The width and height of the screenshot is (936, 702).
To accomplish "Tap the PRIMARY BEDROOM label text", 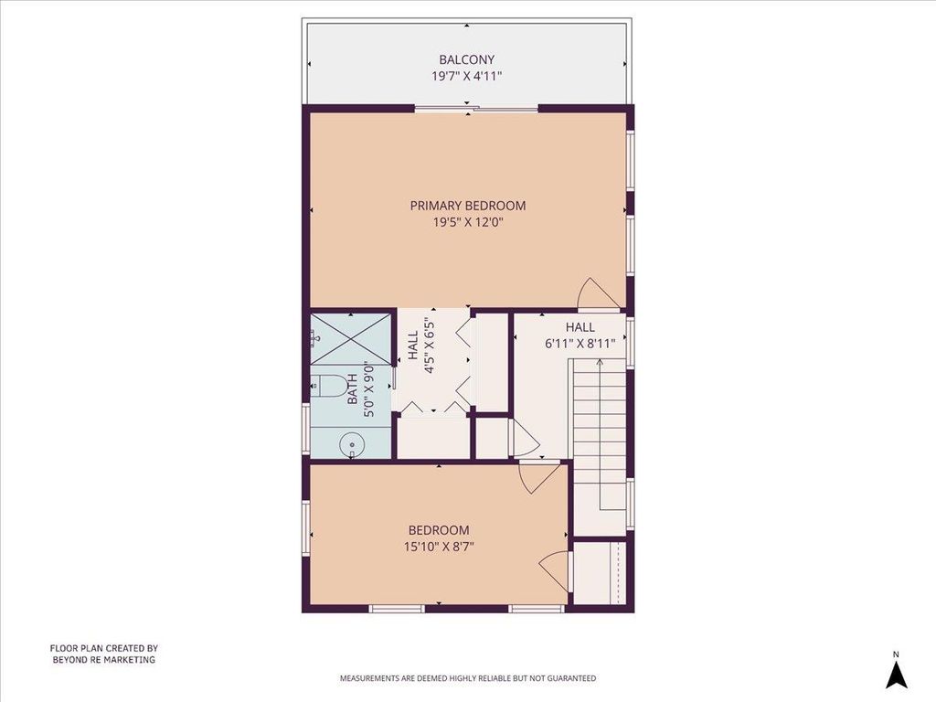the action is [x=468, y=206].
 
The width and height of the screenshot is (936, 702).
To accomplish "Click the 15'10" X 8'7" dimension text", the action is [x=439, y=547].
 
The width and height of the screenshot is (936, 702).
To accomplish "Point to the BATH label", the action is [x=353, y=388].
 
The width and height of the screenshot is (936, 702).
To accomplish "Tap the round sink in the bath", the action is [x=352, y=445].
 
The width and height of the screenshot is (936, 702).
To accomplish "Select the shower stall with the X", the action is [x=351, y=339].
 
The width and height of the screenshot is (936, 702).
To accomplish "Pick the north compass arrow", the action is [x=896, y=675].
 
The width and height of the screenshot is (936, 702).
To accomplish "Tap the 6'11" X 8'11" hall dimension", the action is [x=580, y=344].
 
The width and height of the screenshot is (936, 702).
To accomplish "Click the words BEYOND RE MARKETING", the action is [x=104, y=660].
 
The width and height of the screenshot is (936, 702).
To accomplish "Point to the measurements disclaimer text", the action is [x=468, y=678].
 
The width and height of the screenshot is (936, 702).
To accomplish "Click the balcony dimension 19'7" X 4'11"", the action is [x=467, y=77].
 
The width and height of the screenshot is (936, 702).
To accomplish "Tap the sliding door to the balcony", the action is [x=476, y=109].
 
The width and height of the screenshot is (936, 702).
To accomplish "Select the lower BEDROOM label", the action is [x=439, y=530].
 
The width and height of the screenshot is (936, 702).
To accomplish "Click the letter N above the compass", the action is [x=896, y=654].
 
